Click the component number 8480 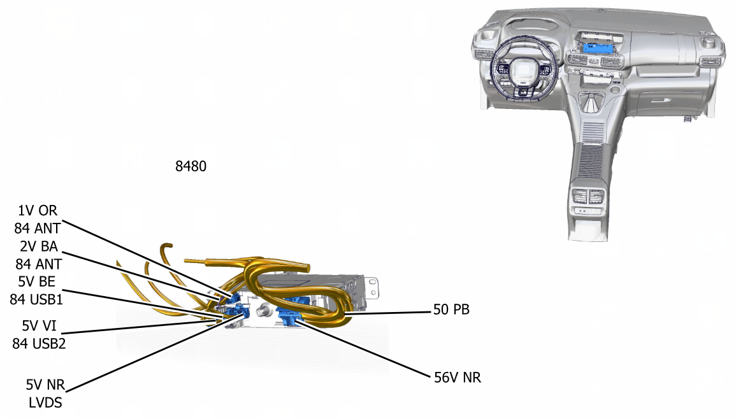[x=191, y=166]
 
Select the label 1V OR [x=38, y=211]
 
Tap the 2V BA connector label [x=38, y=246]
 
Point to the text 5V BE [x=36, y=281]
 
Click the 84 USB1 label [x=36, y=299]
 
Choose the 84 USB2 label [x=39, y=344]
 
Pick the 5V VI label [x=39, y=326]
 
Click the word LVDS [x=45, y=402]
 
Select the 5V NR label [x=45, y=385]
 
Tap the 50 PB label [x=451, y=309]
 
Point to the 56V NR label [x=457, y=378]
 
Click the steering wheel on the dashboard [x=524, y=67]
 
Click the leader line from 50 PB [x=388, y=313]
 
